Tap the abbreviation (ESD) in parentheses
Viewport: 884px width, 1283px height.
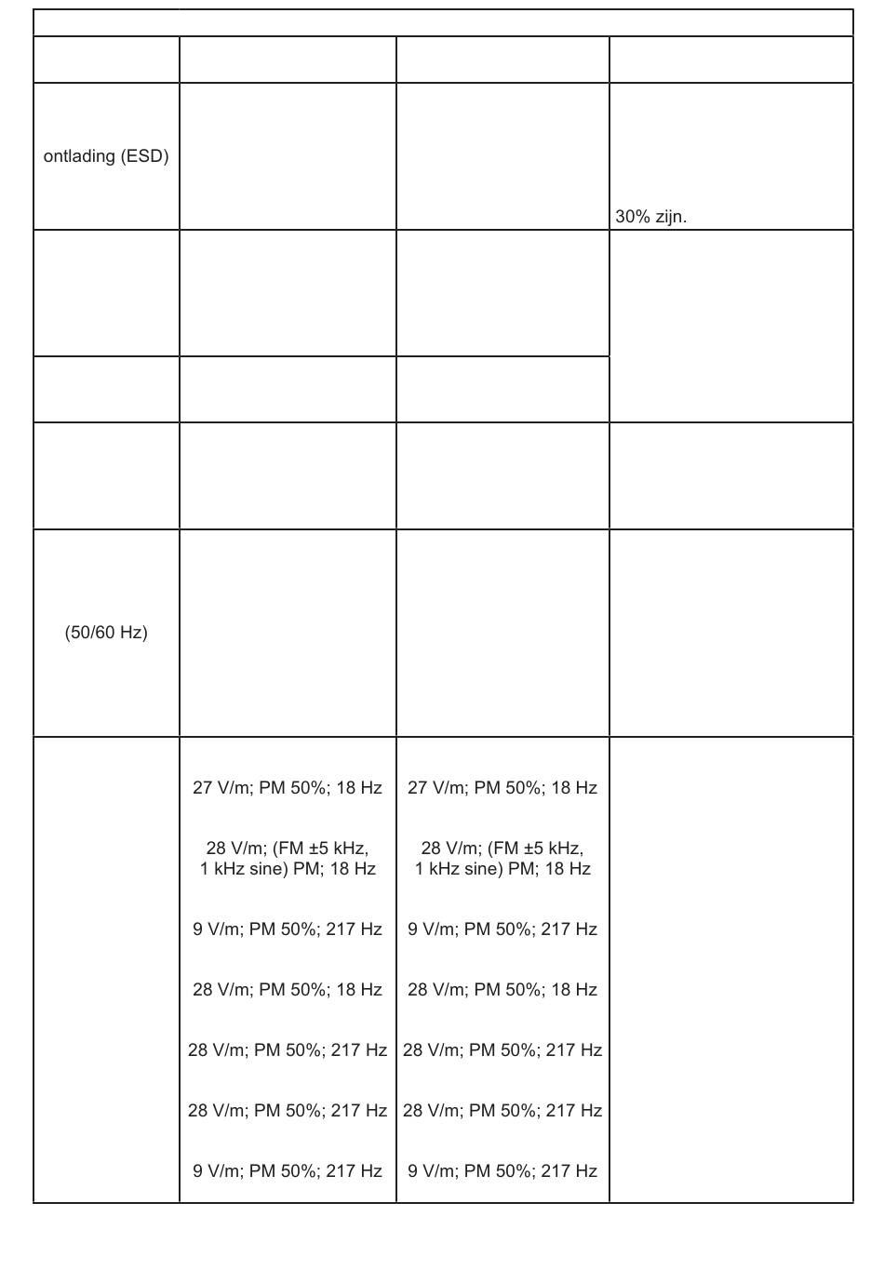click(144, 156)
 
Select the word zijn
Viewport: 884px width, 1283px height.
click(670, 217)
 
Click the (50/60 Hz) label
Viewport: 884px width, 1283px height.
click(106, 633)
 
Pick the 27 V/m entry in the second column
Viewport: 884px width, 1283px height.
click(287, 788)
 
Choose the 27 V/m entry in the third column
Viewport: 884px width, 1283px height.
click(502, 788)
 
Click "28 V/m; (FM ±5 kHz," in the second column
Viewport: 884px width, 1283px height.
click(287, 849)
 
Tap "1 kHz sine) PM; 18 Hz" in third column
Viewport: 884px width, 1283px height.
click(502, 869)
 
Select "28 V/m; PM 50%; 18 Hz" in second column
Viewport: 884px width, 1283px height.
click(287, 990)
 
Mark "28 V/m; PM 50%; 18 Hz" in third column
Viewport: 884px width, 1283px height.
click(502, 990)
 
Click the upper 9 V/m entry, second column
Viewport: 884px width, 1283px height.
click(287, 929)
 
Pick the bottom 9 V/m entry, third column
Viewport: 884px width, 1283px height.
click(502, 1171)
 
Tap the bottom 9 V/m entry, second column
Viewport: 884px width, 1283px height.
click(287, 1171)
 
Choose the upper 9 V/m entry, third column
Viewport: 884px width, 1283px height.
click(502, 929)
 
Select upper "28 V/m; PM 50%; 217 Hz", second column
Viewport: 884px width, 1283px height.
click(287, 1050)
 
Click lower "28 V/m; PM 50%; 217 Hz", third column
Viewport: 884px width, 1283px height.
click(502, 1111)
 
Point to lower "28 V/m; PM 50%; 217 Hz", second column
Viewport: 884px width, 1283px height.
click(287, 1111)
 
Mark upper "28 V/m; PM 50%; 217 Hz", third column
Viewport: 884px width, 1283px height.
click(502, 1050)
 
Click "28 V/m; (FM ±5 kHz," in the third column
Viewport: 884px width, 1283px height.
click(502, 849)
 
